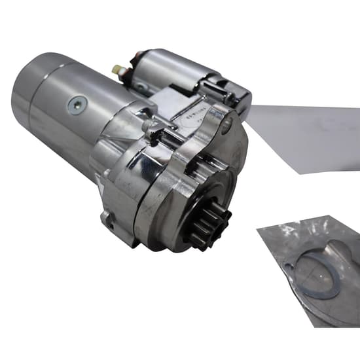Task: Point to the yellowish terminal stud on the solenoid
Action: click(x=116, y=67)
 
